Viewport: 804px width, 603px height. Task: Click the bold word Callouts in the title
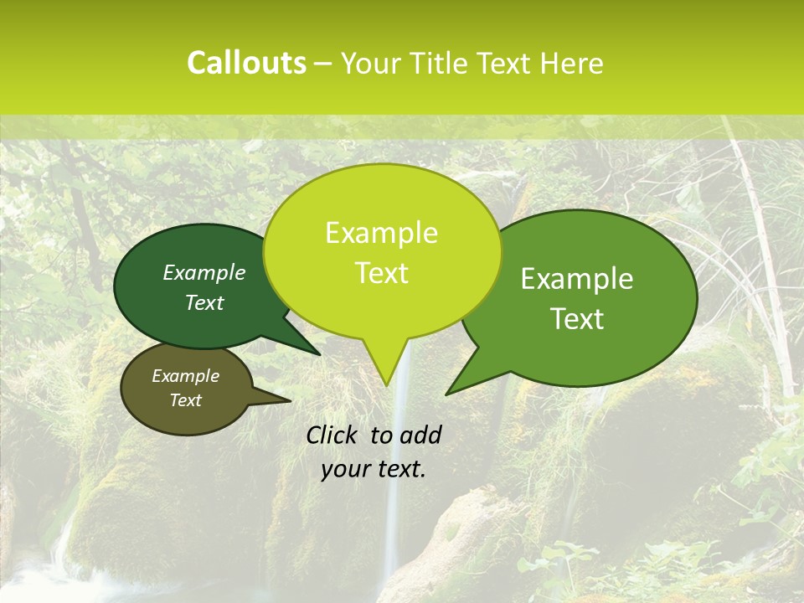246,63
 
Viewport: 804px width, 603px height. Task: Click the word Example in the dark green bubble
204,273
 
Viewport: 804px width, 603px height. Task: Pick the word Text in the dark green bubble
204,302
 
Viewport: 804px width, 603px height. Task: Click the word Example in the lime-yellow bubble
381,233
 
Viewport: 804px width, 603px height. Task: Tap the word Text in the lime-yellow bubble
381,273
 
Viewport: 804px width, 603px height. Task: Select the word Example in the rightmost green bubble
577,279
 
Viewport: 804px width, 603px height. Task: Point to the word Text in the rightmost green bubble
577,318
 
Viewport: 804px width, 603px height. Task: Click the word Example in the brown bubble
185,376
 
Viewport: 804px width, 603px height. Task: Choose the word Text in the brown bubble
185,400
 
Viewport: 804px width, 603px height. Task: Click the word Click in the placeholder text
332,435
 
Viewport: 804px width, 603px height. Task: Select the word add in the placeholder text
421,435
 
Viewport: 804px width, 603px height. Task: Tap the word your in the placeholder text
343,469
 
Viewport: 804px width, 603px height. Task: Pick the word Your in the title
369,63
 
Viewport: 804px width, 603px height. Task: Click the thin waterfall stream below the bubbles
392,519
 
